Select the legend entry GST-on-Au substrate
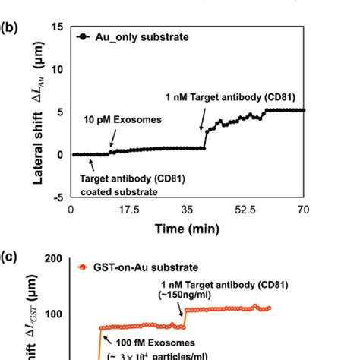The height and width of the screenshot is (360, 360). pos(134,267)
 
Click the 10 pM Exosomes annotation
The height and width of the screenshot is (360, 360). pos(113,119)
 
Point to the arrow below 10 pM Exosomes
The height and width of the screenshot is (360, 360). pos(112,139)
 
